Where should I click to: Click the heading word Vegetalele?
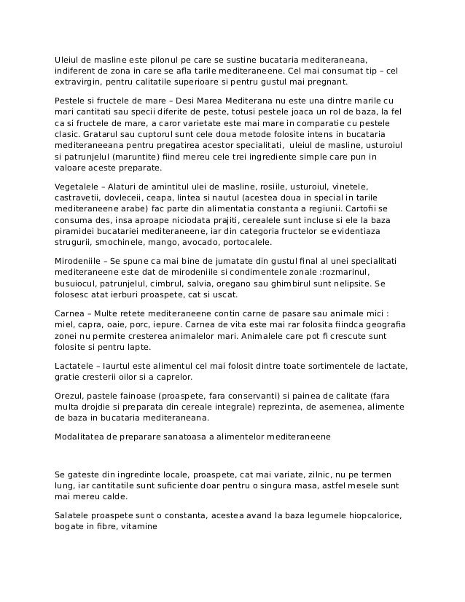[x=77, y=186]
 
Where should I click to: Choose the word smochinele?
[x=114, y=241]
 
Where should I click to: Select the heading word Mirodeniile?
[x=79, y=260]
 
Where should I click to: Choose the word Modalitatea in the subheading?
[x=82, y=437]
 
